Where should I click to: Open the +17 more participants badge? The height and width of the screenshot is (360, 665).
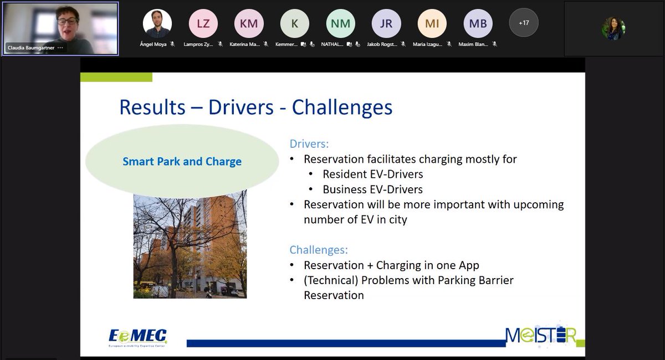pos(523,23)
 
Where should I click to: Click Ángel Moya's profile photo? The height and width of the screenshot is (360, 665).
pos(157,23)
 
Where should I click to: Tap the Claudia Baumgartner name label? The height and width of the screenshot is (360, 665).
pos(30,48)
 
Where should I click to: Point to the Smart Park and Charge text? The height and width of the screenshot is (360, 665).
pos(182,162)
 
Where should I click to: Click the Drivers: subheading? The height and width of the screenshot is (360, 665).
pos(309,144)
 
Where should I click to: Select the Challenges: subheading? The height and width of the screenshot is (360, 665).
pos(319,250)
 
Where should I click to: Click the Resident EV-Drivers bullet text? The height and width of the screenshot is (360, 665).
pos(372,174)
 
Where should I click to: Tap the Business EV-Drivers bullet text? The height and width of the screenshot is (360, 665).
pos(372,189)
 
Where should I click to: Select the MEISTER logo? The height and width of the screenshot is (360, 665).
pos(540,335)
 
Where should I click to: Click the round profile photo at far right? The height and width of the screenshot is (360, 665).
pos(613,28)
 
